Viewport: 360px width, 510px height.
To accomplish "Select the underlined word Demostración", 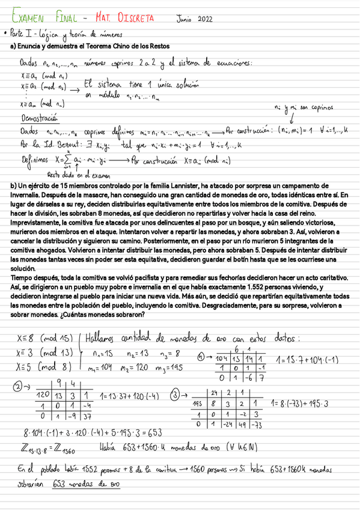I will [39, 118].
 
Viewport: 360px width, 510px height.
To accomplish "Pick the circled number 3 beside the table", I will [175, 395].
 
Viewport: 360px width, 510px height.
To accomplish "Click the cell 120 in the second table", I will [43, 395].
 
